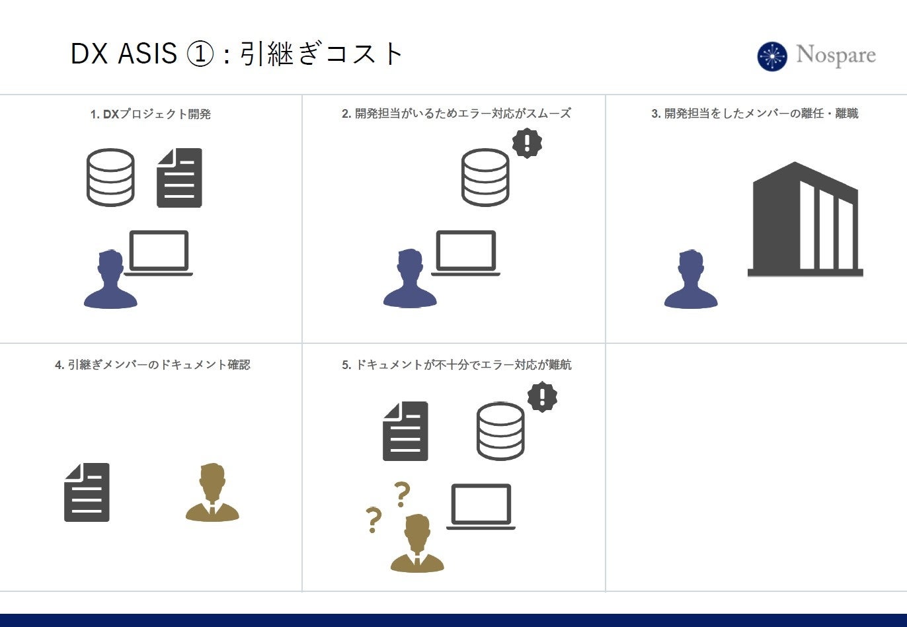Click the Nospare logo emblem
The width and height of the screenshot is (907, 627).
[x=772, y=56]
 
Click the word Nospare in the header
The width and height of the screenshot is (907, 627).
[x=836, y=55]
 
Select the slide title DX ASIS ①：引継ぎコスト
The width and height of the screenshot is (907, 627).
[x=236, y=54]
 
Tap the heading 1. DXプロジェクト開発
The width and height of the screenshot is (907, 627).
[x=151, y=114]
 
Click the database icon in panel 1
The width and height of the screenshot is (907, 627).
[x=110, y=177]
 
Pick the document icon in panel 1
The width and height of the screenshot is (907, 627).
[x=179, y=178]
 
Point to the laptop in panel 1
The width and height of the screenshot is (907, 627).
[x=159, y=253]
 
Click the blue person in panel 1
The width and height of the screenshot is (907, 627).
[x=110, y=280]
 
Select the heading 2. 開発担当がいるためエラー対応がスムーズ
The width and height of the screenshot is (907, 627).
[x=456, y=114]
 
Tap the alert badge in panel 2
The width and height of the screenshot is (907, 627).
[x=527, y=142]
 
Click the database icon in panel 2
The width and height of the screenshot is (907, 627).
[x=485, y=177]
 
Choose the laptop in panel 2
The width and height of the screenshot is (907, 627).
[x=465, y=253]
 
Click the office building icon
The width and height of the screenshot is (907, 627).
[x=805, y=220]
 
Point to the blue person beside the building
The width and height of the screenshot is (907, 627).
[x=691, y=280]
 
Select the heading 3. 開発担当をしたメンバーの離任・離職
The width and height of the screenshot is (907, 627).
[x=754, y=114]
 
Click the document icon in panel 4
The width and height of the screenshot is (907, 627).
[x=87, y=492]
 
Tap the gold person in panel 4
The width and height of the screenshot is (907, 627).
[x=212, y=493]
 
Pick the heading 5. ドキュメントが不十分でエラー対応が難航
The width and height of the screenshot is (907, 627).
[x=456, y=365]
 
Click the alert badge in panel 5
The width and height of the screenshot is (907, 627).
[x=542, y=397]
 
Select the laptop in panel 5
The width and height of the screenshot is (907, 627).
[x=481, y=507]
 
